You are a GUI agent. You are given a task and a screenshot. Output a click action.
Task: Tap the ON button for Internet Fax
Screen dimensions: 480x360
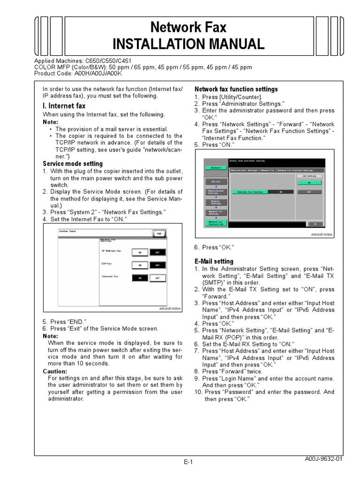pyautogui.click(x=138, y=278)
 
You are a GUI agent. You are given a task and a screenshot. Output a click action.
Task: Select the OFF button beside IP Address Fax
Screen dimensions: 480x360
pyautogui.click(x=157, y=252)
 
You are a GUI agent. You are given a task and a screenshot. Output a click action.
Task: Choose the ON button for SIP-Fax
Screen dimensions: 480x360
pyautogui.click(x=138, y=265)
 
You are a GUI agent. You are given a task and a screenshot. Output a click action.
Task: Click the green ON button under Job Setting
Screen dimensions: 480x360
pyautogui.click(x=309, y=182)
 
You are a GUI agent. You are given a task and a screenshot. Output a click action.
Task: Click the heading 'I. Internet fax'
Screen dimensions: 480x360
pyautogui.click(x=64, y=106)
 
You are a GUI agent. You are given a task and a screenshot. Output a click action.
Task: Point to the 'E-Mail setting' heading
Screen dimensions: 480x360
pyautogui.click(x=214, y=261)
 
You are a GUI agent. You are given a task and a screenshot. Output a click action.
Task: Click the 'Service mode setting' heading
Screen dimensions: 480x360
pyautogui.click(x=73, y=164)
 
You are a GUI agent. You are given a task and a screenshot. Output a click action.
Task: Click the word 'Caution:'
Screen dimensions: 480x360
pyautogui.click(x=55, y=371)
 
